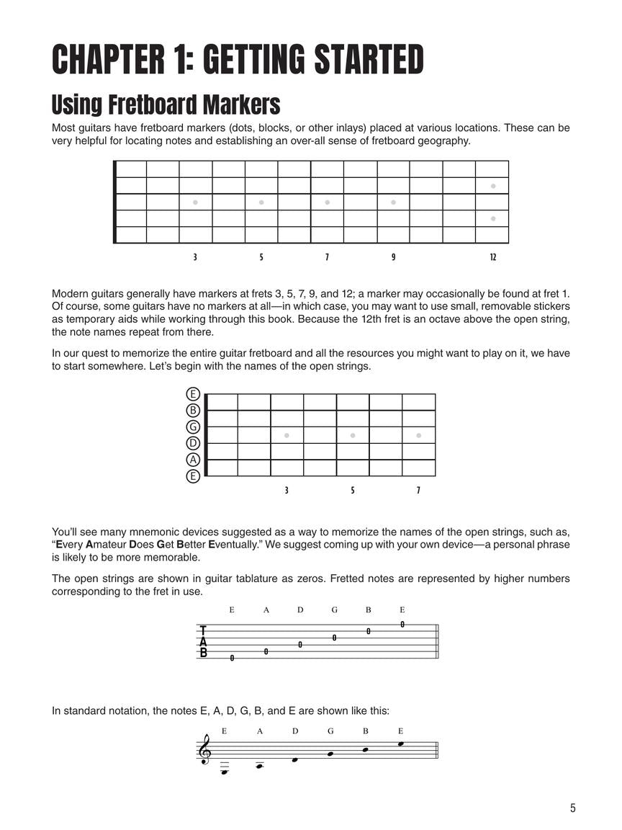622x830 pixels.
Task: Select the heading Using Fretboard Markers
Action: pos(166,104)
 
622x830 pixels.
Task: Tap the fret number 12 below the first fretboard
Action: pos(492,257)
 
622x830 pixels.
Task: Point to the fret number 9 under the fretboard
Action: pos(393,257)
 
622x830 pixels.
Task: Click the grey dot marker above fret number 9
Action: pos(393,202)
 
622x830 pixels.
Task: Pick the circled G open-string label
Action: pos(192,427)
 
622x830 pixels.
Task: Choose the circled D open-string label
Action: pos(192,443)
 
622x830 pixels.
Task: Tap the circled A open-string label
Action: pos(192,460)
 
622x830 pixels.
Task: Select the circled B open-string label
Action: pos(192,410)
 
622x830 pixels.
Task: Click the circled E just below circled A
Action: pos(192,476)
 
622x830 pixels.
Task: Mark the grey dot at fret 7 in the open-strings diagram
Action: pos(418,435)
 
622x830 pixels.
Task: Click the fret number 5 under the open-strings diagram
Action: pos(353,491)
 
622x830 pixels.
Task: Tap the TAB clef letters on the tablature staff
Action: pos(203,642)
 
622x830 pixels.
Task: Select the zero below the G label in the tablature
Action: pos(334,638)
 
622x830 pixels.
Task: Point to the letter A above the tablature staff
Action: pos(266,610)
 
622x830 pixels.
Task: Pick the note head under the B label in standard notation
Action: pos(366,749)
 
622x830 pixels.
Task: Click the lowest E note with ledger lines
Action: pos(225,772)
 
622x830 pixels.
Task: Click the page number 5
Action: pos(572,808)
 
